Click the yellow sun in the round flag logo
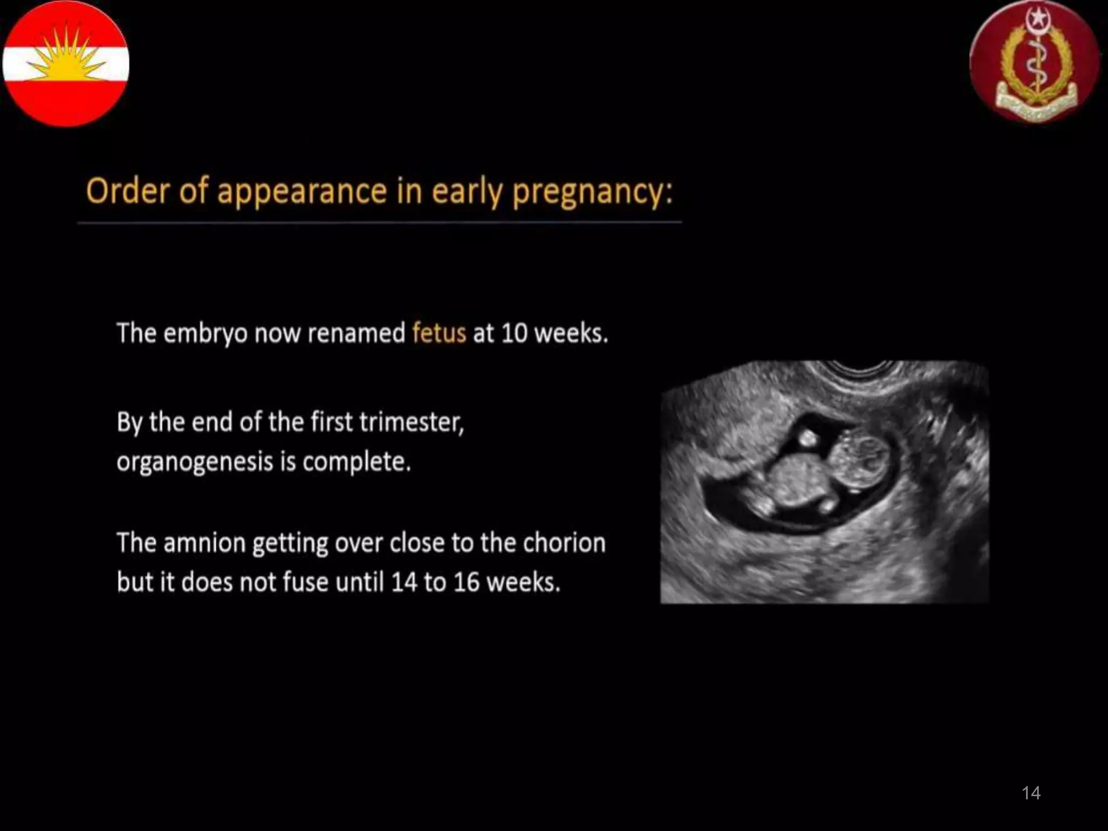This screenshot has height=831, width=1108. click(x=66, y=61)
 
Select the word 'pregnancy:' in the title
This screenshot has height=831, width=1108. click(x=592, y=192)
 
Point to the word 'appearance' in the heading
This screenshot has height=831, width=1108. click(x=302, y=192)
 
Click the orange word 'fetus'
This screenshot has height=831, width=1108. click(x=439, y=333)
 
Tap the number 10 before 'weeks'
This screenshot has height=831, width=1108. click(x=514, y=333)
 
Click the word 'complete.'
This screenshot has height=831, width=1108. click(x=356, y=462)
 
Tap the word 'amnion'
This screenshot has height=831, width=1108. click(x=204, y=543)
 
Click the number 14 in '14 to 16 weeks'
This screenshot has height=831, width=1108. click(x=403, y=583)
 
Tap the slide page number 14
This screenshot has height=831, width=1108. click(x=1031, y=793)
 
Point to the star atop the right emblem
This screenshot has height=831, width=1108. click(x=1037, y=19)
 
